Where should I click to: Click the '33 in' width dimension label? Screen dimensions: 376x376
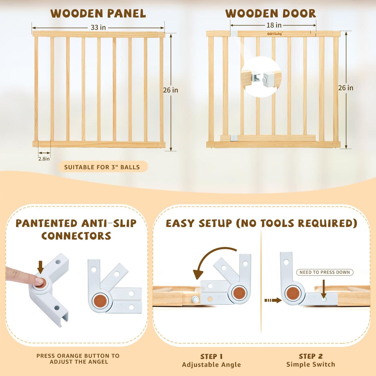tap(98, 27)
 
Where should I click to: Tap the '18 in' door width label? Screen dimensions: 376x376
tap(274, 25)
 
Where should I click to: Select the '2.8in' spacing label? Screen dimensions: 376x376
tap(44, 159)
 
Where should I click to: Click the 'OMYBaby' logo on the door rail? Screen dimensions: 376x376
tap(274, 34)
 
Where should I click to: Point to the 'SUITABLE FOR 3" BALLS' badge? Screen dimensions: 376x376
tap(103, 167)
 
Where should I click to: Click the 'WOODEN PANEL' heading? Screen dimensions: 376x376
tap(98, 14)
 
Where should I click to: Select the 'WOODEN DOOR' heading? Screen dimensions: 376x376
tap(271, 14)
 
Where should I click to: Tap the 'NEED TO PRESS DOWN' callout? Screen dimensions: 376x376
tap(324, 272)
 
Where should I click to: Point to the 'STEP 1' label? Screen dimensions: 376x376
tap(211, 356)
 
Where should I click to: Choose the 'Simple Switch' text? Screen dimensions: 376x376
tap(311, 364)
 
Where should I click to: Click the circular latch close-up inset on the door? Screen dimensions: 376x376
tap(261, 77)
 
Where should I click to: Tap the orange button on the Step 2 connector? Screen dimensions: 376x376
tap(293, 293)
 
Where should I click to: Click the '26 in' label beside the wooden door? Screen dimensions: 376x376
tap(346, 88)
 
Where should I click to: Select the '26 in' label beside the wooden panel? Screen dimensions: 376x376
tap(170, 90)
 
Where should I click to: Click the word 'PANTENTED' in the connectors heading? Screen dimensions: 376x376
tap(47, 223)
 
